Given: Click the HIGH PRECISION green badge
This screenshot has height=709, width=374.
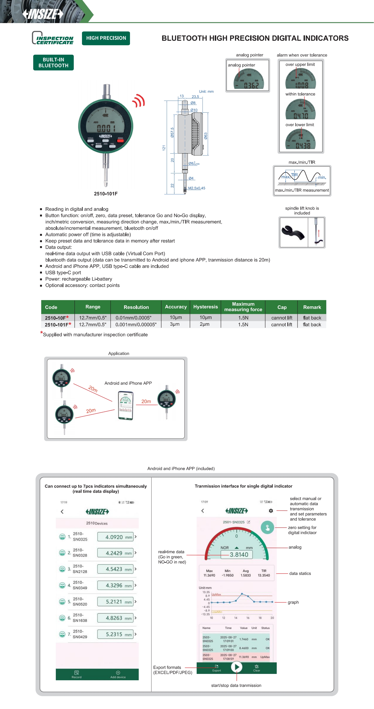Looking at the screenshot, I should pos(106,38).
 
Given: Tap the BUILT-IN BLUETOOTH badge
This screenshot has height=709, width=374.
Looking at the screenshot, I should pos(53,62).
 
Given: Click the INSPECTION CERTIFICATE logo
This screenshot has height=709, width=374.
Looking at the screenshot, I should pos(53,38).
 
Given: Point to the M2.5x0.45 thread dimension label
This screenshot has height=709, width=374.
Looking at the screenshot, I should pos(196,188).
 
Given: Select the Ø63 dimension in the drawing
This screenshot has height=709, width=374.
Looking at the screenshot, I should pos(206,136).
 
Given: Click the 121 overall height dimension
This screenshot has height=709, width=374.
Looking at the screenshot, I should pos(164,148).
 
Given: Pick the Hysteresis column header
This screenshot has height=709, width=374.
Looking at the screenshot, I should pos(205,307).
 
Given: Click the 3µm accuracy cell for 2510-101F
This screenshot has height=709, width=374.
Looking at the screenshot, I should pos(175,324).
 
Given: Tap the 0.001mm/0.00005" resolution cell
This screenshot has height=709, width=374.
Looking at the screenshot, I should pos(136,325).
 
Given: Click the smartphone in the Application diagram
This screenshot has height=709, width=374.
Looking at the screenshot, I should pos(126,405).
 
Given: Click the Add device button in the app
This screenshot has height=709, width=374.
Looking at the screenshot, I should pos(118,674).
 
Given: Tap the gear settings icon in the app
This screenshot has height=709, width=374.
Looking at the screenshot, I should pos(271,511).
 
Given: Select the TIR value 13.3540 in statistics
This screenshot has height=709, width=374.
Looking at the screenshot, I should pos(264,575).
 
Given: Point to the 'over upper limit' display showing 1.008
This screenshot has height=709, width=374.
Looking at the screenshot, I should pos(301,78).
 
